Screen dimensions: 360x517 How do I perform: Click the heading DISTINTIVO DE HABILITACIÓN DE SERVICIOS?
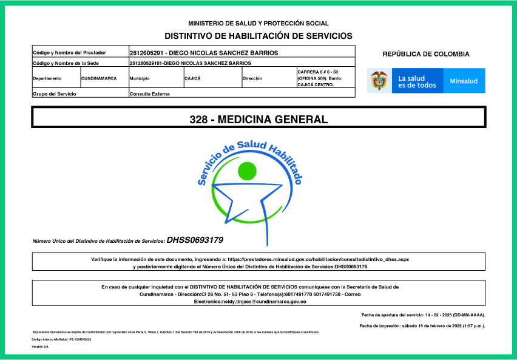[258, 36]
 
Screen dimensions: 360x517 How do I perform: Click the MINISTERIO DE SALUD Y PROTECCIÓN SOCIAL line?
[258, 23]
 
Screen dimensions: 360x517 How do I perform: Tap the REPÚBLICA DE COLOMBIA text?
[425, 54]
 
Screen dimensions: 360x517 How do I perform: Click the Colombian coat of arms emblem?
[379, 81]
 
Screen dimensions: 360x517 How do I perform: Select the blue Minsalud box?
[464, 81]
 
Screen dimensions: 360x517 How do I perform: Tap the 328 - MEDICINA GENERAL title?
[258, 120]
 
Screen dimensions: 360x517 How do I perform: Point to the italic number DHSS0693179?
[195, 240]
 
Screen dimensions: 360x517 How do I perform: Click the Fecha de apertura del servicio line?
[422, 315]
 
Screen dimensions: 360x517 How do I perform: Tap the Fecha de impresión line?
[422, 326]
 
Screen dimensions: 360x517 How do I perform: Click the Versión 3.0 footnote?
[40, 347]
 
